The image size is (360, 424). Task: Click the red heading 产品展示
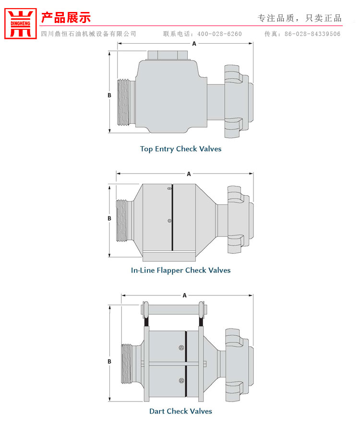pos(66,18)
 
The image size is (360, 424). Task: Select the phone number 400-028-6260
pos(220,34)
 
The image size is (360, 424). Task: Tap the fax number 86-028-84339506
pos(312,34)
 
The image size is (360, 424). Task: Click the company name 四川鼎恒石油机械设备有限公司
pos(89,34)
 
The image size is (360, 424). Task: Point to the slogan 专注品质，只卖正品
pos(300,18)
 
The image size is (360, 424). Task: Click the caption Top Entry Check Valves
pos(180,149)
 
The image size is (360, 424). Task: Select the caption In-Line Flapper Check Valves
pos(180,270)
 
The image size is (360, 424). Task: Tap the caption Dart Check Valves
pos(180,411)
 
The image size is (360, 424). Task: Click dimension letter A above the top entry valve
pos(194,44)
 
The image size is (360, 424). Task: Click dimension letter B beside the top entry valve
pos(109,95)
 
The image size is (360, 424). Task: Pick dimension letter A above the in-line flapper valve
pos(189,174)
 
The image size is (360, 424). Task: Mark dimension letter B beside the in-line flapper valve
pos(109,218)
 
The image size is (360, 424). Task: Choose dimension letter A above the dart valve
pos(184,295)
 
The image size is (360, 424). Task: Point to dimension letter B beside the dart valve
pos(109,361)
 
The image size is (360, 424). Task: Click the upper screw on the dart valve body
pos(180,348)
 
